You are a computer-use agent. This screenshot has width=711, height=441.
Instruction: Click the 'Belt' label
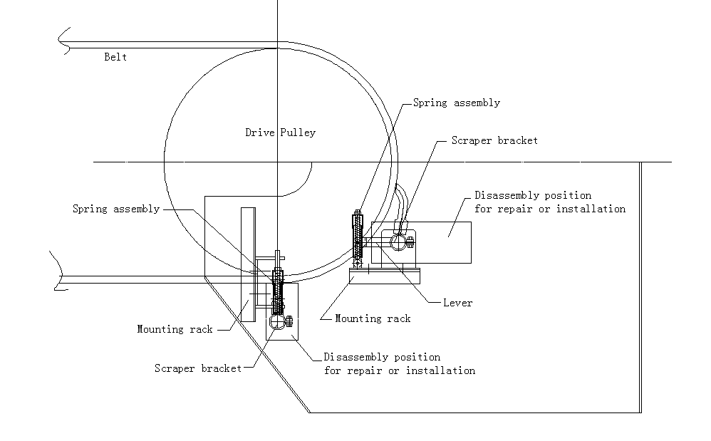pos(115,56)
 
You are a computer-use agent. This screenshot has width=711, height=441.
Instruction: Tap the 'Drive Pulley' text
pos(280,133)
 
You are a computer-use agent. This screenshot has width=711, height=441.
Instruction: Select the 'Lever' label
pos(457,303)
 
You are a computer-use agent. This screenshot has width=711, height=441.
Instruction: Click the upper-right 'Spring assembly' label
pos(457,103)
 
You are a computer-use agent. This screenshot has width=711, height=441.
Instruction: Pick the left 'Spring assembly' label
pos(116,209)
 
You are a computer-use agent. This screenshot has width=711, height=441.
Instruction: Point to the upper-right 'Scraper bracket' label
pos(494,141)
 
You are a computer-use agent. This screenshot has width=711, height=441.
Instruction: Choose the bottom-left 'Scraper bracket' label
pos(197,368)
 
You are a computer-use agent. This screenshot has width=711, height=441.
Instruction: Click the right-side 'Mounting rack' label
pos(373,318)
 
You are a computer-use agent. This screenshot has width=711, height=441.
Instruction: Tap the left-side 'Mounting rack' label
pos(175,329)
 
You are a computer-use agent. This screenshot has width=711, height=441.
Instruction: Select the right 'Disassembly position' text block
pos(550,202)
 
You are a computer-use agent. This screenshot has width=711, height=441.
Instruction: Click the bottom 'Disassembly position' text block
pos(399,363)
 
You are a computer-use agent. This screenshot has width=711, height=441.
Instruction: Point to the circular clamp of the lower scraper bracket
pos(276,326)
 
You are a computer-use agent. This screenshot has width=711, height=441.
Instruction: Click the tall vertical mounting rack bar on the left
pos(247,264)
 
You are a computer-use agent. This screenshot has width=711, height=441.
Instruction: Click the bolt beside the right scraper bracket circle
pos(410,242)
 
